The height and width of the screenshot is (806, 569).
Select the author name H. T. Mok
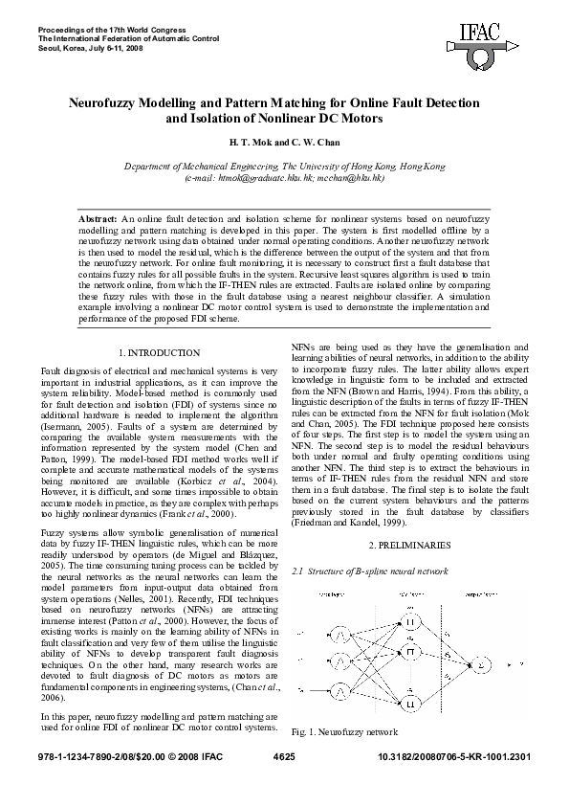[248, 142]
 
